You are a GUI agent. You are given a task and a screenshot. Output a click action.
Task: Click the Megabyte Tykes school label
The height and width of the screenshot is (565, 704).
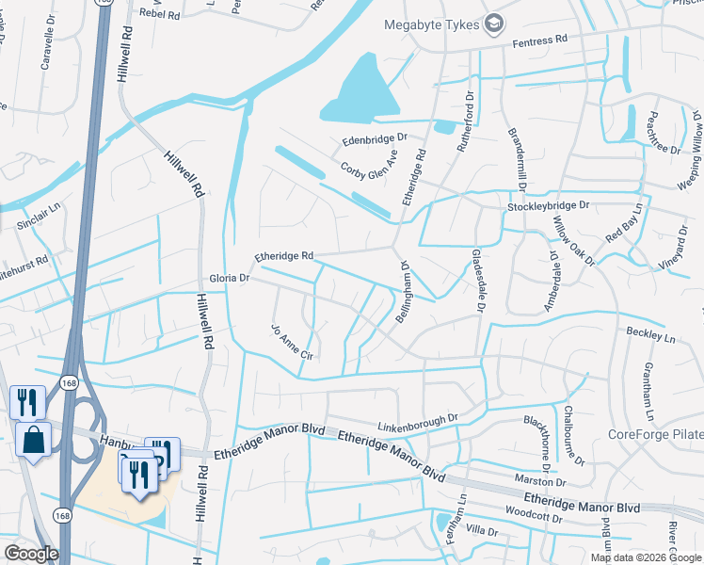(432, 24)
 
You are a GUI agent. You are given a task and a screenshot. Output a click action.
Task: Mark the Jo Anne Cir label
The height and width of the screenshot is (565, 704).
(291, 343)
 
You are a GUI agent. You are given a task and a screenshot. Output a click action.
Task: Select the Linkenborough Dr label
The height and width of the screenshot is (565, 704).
(418, 417)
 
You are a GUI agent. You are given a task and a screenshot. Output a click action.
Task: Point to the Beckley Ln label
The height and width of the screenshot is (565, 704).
(651, 335)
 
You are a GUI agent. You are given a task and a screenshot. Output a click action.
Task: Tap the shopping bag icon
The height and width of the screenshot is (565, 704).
(33, 440)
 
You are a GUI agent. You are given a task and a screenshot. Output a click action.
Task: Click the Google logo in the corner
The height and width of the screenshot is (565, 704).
(31, 554)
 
